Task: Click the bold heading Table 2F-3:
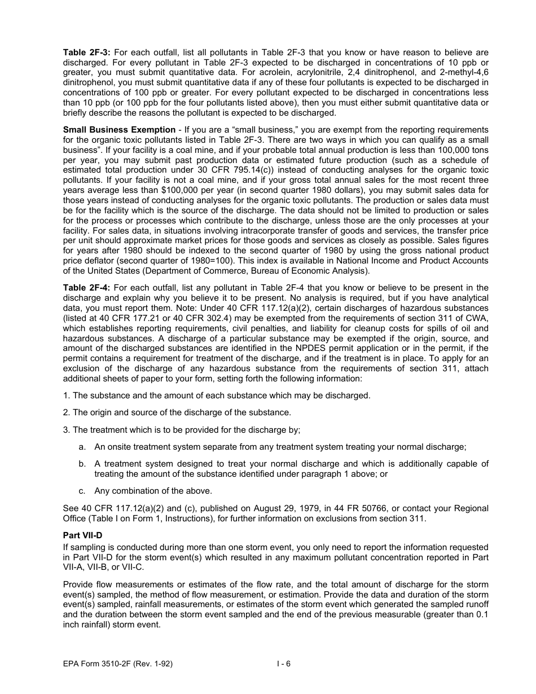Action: click(86, 52)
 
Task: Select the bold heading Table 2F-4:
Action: click(86, 288)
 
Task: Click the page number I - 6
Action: click(283, 664)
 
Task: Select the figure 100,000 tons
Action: click(459, 150)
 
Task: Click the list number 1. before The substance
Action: click(67, 396)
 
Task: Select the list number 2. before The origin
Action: click(67, 412)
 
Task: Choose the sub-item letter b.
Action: click(82, 464)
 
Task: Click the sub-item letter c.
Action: click(82, 491)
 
